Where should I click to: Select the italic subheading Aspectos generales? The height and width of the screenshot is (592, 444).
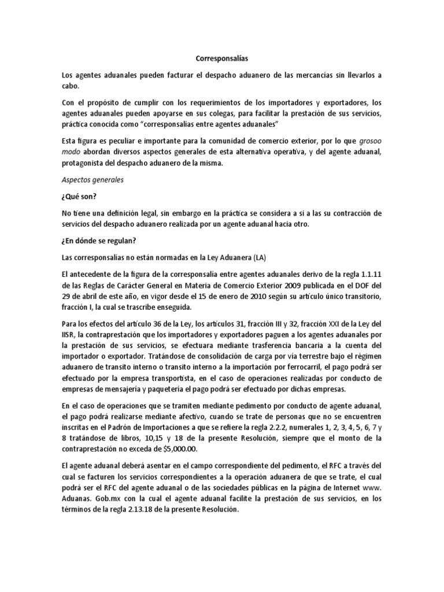[x=94, y=180]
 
